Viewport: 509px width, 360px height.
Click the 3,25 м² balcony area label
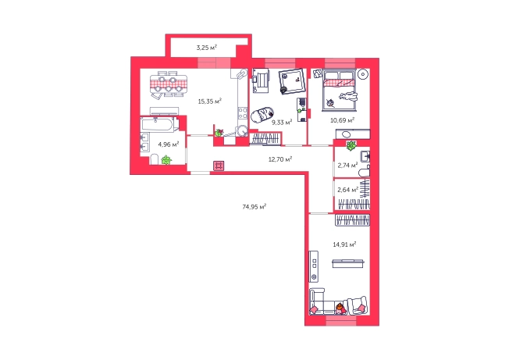coord(206,48)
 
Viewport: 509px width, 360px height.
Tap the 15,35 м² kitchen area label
coord(210,102)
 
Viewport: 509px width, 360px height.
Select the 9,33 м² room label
coord(282,123)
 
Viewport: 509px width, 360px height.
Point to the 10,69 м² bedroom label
coord(342,120)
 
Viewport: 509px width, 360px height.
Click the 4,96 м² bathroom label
coord(168,144)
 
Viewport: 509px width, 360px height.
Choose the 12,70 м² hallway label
coord(280,159)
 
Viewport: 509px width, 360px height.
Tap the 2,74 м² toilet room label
coord(347,166)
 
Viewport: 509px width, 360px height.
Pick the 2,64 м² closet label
coord(347,190)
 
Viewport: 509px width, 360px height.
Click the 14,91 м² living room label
coord(344,244)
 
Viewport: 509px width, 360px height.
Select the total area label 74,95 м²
coord(255,206)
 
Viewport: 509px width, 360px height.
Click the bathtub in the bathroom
coord(158,125)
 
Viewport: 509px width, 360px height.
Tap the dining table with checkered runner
coord(169,84)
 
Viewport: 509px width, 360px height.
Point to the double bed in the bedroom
coord(340,90)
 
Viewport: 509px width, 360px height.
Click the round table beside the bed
coord(362,74)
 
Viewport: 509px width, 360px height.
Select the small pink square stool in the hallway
coord(219,166)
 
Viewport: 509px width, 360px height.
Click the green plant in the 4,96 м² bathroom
coord(166,160)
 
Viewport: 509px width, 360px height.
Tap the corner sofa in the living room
coord(322,302)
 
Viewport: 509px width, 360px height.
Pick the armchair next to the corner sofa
coord(358,306)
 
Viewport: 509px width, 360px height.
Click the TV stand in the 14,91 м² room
coord(314,266)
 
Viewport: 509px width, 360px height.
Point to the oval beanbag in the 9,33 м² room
coord(262,115)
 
